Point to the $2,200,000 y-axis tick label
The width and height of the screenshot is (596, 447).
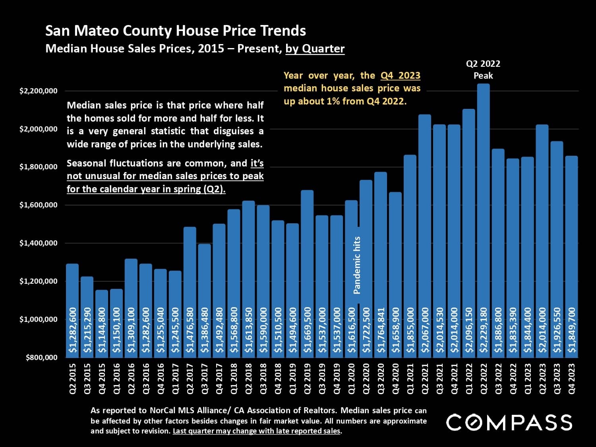pyautogui.click(x=39, y=91)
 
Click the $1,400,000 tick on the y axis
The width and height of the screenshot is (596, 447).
pyautogui.click(x=39, y=243)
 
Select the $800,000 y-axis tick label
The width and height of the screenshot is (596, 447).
pyautogui.click(x=42, y=357)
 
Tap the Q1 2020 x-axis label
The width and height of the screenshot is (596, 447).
pyautogui.click(x=351, y=378)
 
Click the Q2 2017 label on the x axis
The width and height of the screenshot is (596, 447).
pyautogui.click(x=190, y=378)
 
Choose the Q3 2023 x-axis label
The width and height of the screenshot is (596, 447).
pyautogui.click(x=557, y=378)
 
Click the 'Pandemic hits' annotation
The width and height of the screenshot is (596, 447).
pyautogui.click(x=357, y=265)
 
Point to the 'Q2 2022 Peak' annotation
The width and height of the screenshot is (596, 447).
pyautogui.click(x=483, y=70)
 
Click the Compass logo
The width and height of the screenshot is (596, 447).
pyautogui.click(x=509, y=422)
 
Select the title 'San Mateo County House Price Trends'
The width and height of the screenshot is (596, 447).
pyautogui.click(x=176, y=31)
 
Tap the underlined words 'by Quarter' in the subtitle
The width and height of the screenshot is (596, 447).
pyautogui.click(x=315, y=49)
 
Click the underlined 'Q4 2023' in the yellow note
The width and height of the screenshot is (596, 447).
pyautogui.click(x=400, y=75)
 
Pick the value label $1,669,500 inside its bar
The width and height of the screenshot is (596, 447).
pyautogui.click(x=307, y=330)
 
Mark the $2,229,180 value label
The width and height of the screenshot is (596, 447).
pyautogui.click(x=483, y=330)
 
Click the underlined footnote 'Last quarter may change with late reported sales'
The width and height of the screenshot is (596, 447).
pyautogui.click(x=257, y=431)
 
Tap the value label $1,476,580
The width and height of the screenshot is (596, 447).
pyautogui.click(x=190, y=330)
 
